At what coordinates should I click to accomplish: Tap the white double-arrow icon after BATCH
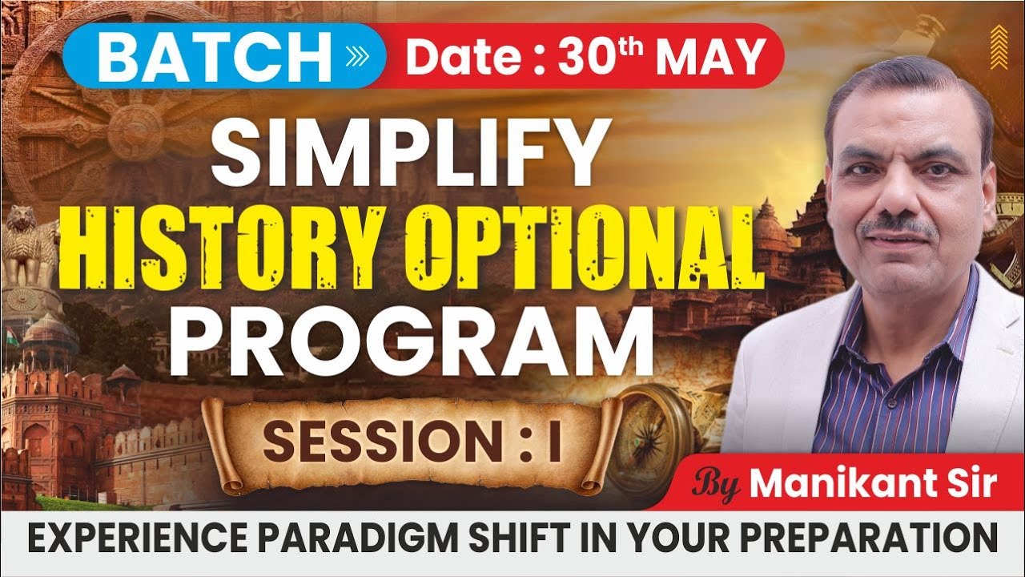356,56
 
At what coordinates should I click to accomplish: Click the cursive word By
717,485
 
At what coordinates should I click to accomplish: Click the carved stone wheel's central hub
132,128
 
